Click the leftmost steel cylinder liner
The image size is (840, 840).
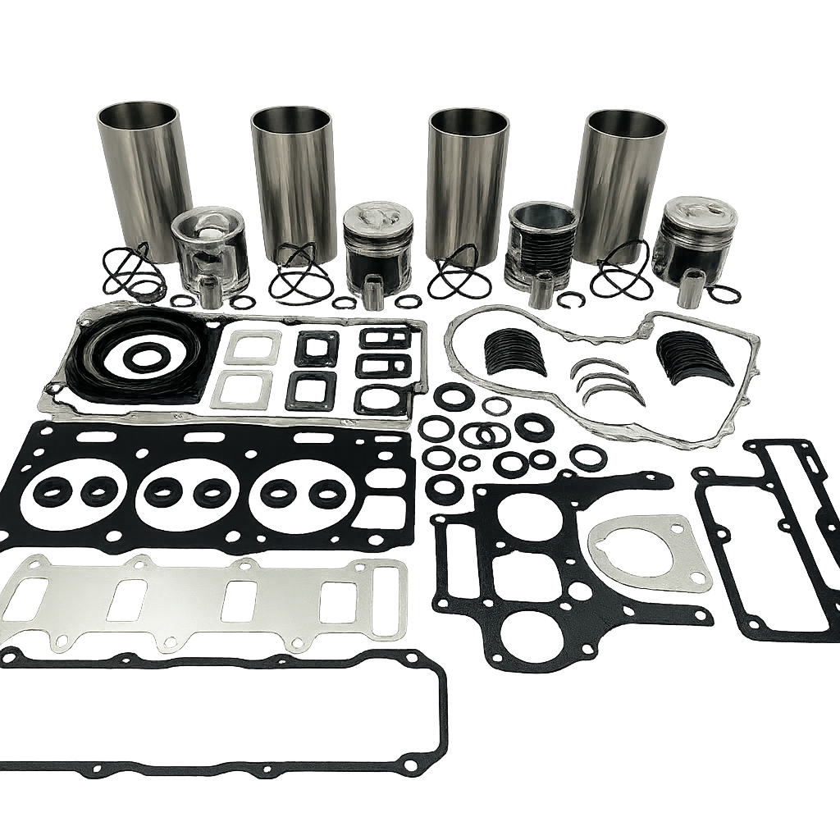click(141, 172)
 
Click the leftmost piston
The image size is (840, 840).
click(210, 250)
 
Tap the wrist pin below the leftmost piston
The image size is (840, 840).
click(211, 292)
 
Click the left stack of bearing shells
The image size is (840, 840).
click(515, 351)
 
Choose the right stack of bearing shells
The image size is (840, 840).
click(694, 357)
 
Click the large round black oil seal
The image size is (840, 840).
click(144, 355)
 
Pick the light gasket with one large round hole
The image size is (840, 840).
click(648, 552)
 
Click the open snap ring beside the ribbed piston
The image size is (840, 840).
click(571, 300)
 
